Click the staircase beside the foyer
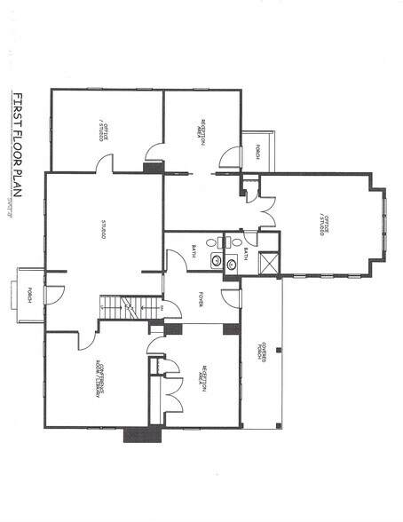[x=130, y=307]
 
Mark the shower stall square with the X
[x=265, y=262]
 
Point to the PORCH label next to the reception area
[x=257, y=151]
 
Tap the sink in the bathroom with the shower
[x=232, y=263]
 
